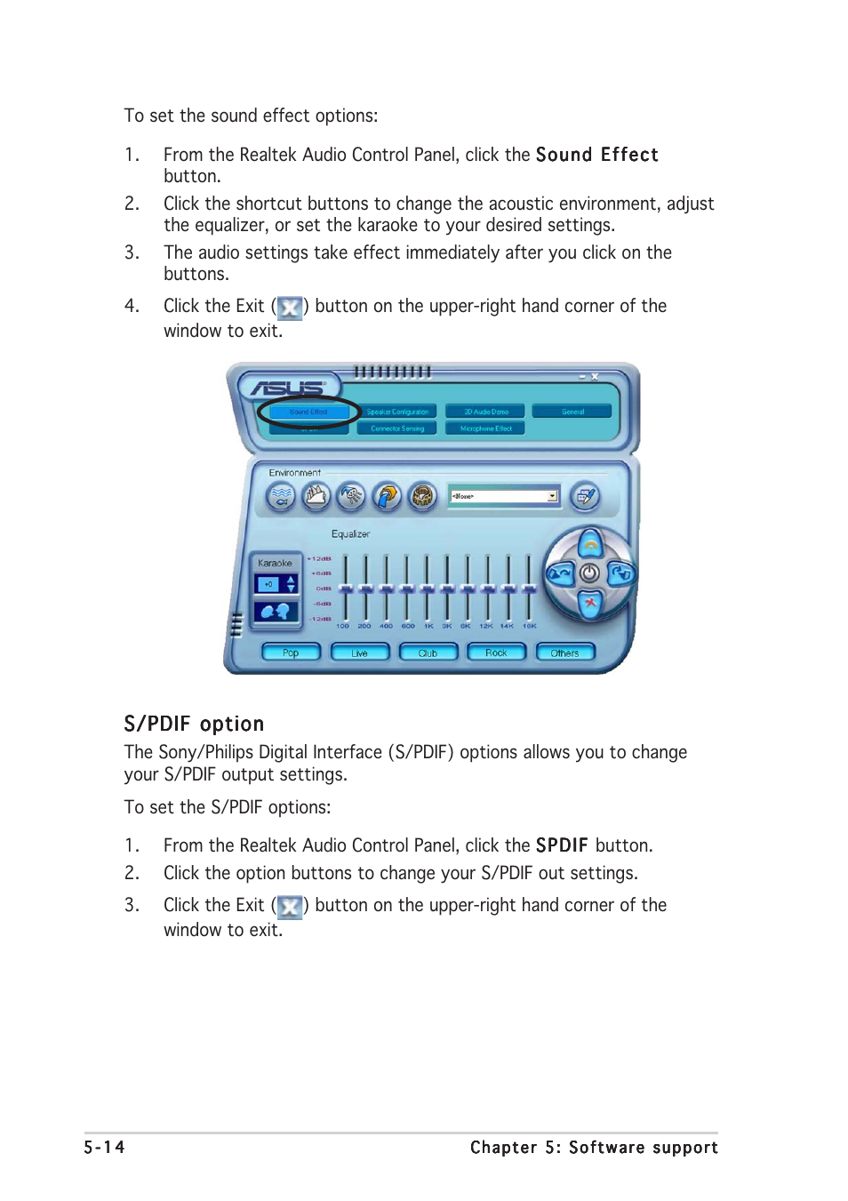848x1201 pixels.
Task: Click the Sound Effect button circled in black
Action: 308,412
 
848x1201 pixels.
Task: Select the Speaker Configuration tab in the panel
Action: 397,412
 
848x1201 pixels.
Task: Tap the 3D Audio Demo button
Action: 486,412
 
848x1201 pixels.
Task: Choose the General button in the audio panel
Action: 572,412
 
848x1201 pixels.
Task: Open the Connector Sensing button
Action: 397,428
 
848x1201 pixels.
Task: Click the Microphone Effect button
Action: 486,428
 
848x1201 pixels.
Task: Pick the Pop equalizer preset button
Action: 291,653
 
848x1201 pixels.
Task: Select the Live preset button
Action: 359,653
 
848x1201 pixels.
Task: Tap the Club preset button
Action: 428,653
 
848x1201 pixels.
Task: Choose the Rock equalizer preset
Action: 496,653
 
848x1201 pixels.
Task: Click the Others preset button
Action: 564,653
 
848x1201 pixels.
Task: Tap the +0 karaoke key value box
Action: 268,584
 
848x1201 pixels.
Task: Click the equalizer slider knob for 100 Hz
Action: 344,588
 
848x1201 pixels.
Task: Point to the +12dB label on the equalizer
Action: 319,558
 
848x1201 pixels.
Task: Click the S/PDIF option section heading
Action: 194,724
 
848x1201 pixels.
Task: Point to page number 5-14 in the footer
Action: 104,1147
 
